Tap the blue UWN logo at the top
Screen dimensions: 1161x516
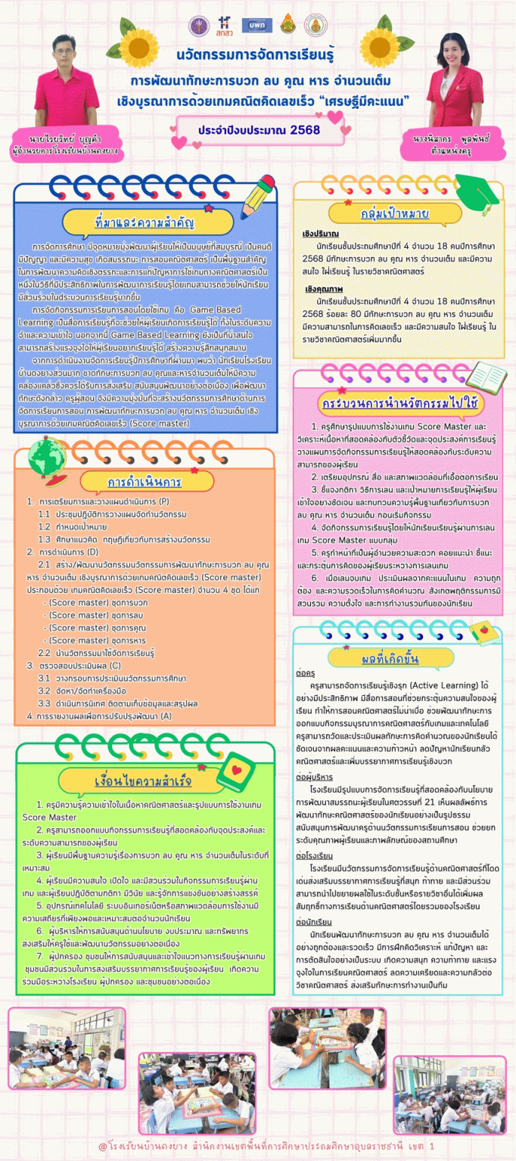(x=252, y=24)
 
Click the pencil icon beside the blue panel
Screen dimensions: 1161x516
(x=264, y=189)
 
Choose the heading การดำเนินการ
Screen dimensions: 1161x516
(x=133, y=483)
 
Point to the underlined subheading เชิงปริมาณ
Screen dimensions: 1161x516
(x=320, y=234)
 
